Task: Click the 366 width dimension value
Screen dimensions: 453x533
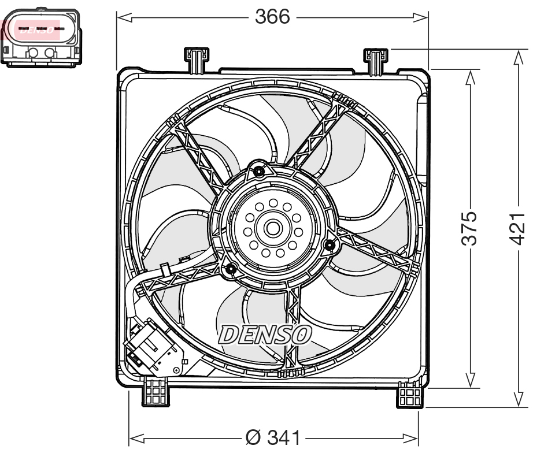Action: (x=272, y=17)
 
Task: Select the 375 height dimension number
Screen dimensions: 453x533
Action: (x=471, y=228)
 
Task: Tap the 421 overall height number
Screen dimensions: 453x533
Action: (x=518, y=228)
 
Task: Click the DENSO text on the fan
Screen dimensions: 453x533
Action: (x=265, y=334)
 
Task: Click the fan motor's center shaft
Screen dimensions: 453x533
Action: (x=272, y=228)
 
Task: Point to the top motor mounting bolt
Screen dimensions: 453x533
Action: (x=258, y=171)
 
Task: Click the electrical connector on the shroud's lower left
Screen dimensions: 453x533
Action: (x=150, y=347)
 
